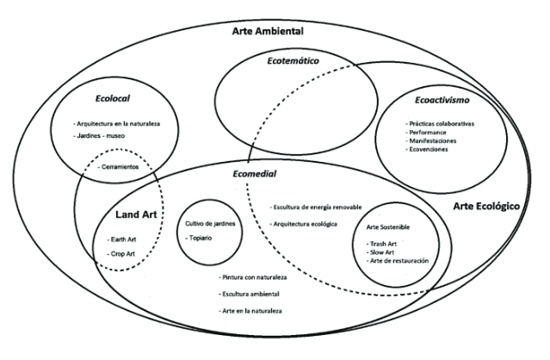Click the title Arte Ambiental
tap(268, 31)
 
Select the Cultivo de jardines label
tap(211, 224)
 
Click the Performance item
tap(431, 132)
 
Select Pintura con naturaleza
tap(252, 277)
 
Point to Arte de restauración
tap(396, 262)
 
